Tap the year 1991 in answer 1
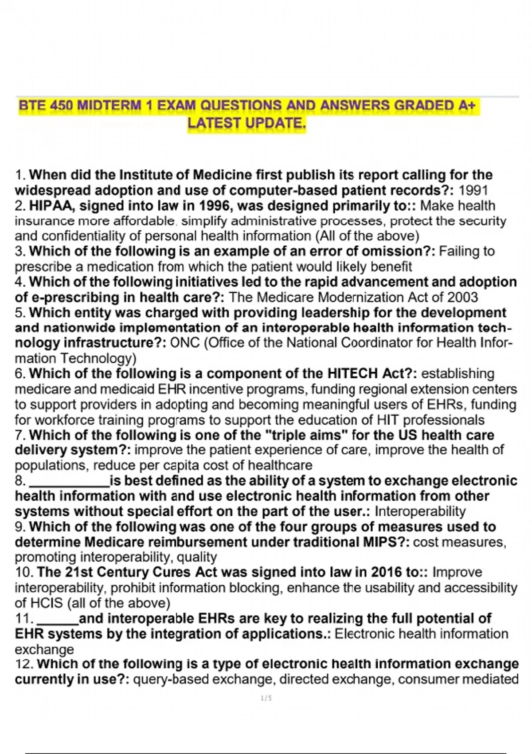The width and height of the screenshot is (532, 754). [473, 190]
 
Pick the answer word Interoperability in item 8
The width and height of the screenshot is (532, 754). [420, 511]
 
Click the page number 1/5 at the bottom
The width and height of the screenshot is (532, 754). [266, 698]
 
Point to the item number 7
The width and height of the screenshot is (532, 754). [20, 435]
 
